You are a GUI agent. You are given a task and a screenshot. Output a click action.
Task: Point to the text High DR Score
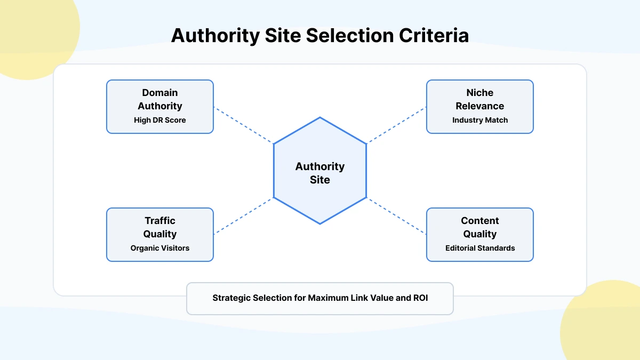[x=160, y=120]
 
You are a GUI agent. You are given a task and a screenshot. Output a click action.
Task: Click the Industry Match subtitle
[x=480, y=120]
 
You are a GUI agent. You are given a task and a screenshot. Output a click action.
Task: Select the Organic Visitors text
[x=160, y=248]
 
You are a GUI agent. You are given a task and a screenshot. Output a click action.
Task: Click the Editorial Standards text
[x=480, y=248]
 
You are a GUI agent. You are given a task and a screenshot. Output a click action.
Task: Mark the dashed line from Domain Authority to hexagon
[x=243, y=125]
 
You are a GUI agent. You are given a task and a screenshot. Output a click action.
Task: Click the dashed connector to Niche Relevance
[x=397, y=125]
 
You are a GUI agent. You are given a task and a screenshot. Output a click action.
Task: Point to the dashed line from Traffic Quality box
[x=243, y=216]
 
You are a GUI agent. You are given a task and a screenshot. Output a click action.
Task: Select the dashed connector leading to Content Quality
[x=397, y=216]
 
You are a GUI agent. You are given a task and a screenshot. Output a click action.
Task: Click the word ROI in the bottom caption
[x=420, y=298]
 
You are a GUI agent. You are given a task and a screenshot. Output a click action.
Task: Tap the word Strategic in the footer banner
[x=231, y=298]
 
